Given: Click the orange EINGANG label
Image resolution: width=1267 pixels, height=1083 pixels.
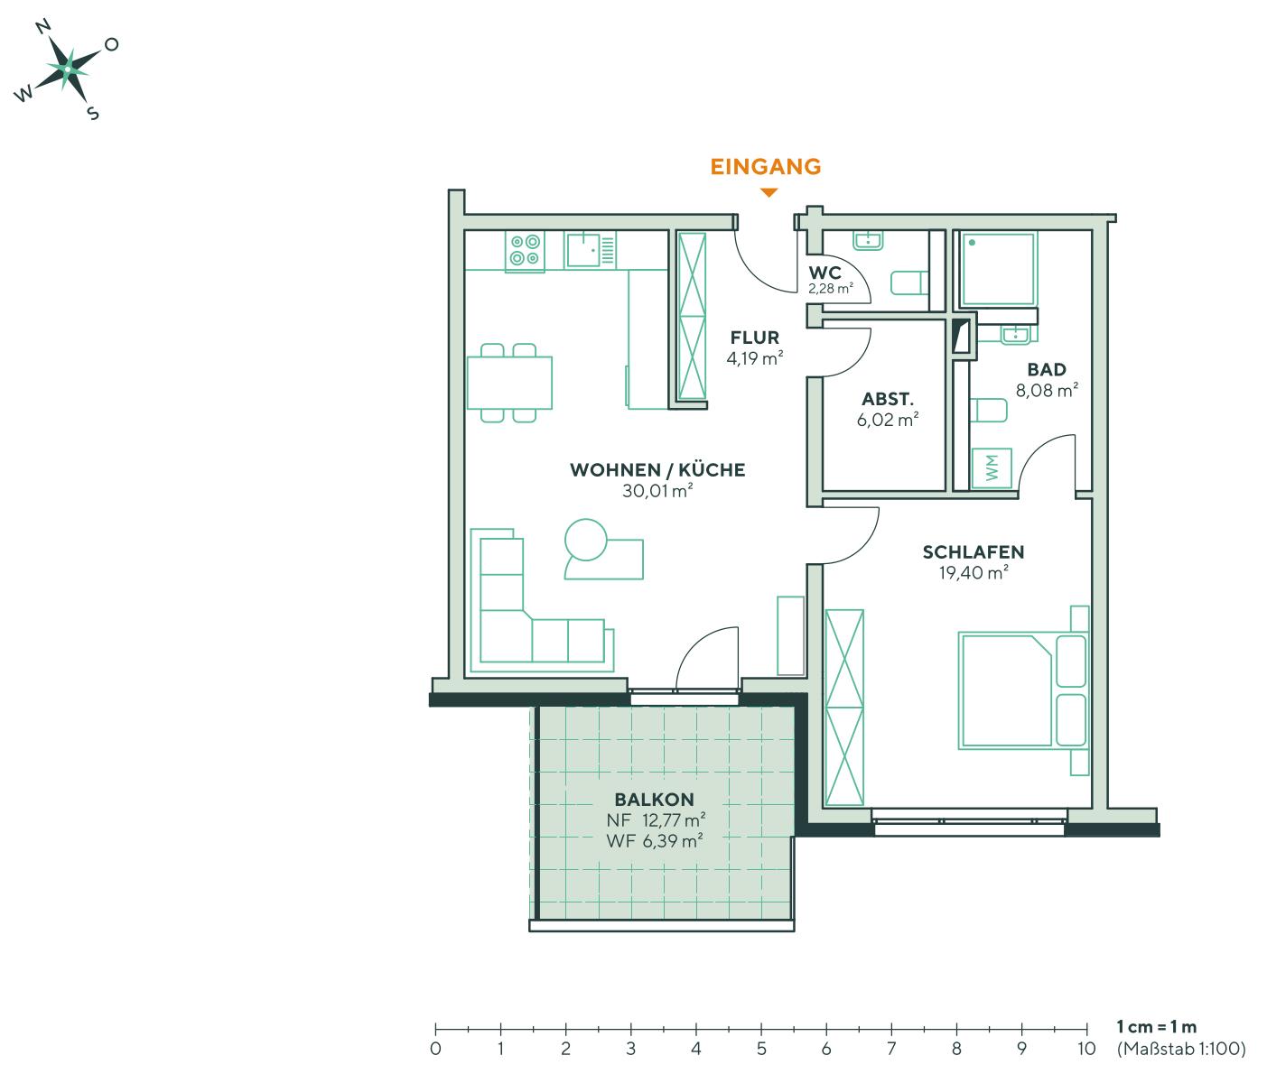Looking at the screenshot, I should click(766, 167).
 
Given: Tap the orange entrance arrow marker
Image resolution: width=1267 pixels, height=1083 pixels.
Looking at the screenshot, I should click(769, 192).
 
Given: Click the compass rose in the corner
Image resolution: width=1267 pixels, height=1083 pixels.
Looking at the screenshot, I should click(67, 68).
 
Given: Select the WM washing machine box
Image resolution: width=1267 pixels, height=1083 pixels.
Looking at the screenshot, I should click(992, 468).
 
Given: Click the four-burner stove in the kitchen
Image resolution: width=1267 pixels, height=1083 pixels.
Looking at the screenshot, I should click(525, 250).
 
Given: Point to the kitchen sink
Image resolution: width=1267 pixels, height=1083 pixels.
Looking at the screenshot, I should click(583, 250).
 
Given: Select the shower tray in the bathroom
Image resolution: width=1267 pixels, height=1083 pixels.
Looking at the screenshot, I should click(998, 269).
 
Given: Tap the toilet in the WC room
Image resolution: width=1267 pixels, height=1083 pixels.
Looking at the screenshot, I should click(908, 283).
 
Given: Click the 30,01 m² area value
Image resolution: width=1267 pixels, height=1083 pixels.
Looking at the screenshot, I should click(657, 491).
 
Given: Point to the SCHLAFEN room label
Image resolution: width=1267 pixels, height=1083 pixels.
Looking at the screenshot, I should click(973, 552).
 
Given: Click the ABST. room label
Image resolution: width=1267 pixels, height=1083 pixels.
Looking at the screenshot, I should click(888, 399).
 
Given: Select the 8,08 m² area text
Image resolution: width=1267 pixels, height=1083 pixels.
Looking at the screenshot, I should click(1048, 391).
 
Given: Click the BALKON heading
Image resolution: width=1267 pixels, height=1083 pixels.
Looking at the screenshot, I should click(654, 800).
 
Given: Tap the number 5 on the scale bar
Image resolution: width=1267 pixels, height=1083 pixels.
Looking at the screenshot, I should click(761, 1050).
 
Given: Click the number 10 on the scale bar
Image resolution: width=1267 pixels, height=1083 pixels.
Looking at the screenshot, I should click(1086, 1050).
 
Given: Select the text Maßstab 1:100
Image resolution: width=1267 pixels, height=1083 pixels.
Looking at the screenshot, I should click(1181, 1050).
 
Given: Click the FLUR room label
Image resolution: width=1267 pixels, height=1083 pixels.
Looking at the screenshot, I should click(755, 338).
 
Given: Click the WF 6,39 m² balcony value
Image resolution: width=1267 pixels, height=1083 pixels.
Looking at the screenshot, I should click(656, 840).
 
